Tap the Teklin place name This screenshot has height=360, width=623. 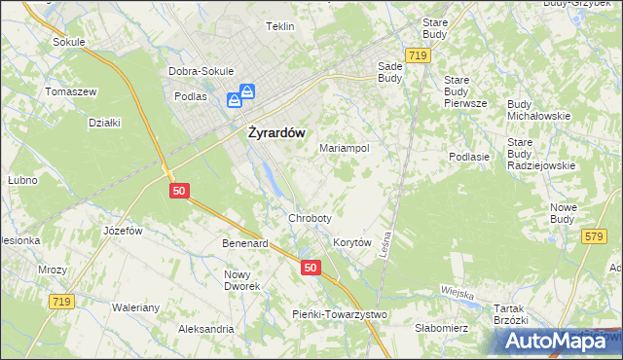pyautogui.click(x=279, y=27)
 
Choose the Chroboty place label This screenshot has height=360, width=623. pyautogui.click(x=310, y=218)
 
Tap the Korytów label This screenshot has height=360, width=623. pyautogui.click(x=353, y=242)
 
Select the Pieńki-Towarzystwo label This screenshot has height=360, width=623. pyautogui.click(x=341, y=314)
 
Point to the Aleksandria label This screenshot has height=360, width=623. pyautogui.click(x=205, y=330)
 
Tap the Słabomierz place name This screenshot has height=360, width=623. pyautogui.click(x=442, y=328)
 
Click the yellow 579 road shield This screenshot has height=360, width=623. pyautogui.click(x=594, y=236)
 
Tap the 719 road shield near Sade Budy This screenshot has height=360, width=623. pyautogui.click(x=419, y=57)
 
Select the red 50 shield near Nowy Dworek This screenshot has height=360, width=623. pyautogui.click(x=310, y=268)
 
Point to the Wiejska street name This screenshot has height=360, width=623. pyautogui.click(x=457, y=294)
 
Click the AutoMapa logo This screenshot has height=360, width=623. pyautogui.click(x=560, y=340)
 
